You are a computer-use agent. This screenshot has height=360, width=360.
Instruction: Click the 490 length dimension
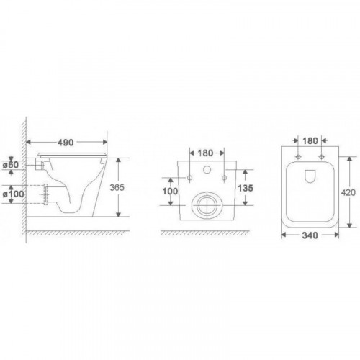click(66, 143)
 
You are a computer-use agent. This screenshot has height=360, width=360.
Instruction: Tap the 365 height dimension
click(117, 187)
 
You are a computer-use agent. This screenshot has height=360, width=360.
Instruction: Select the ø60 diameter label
click(11, 165)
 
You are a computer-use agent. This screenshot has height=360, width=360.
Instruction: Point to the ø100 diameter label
click(13, 194)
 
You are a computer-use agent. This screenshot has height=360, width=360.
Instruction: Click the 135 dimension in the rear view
click(246, 188)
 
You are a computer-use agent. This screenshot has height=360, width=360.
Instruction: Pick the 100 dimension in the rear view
click(170, 192)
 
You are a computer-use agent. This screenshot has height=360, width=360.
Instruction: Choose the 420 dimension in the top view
click(348, 192)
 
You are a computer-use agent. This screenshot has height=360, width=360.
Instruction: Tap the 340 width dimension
click(310, 235)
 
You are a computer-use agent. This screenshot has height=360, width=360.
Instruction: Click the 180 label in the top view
click(310, 141)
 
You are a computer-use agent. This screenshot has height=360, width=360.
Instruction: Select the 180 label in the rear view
click(205, 153)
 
